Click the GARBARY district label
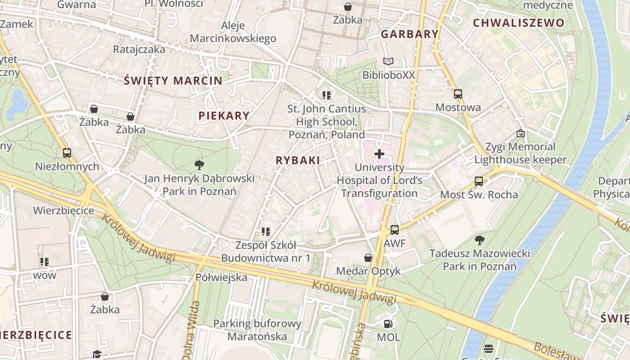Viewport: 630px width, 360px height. point(409,34)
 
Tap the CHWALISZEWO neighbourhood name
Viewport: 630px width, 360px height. point(518,23)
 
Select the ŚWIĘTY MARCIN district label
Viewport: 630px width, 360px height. point(173,81)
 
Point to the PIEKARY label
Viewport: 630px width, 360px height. point(224,116)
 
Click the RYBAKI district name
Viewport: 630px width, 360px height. point(298,160)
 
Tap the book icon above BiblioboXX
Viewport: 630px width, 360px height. point(388,61)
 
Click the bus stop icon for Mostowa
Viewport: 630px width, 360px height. point(458,94)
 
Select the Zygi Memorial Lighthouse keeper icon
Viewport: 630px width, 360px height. point(521,133)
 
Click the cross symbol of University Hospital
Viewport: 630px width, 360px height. point(379,154)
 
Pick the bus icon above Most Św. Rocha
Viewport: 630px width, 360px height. point(479,181)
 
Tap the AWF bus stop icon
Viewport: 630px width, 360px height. point(395,230)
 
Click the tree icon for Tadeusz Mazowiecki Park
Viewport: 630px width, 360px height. point(480,240)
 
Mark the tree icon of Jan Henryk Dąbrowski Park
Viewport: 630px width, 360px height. point(199,165)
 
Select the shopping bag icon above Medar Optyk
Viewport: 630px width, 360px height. point(368,258)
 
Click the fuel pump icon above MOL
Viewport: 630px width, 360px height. point(388,324)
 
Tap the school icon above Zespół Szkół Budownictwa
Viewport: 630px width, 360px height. point(266,232)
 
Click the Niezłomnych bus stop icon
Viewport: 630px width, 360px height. point(67,153)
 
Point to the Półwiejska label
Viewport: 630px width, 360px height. point(221,277)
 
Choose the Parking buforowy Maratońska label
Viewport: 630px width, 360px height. point(257,330)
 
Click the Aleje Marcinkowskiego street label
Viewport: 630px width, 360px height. point(233,31)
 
